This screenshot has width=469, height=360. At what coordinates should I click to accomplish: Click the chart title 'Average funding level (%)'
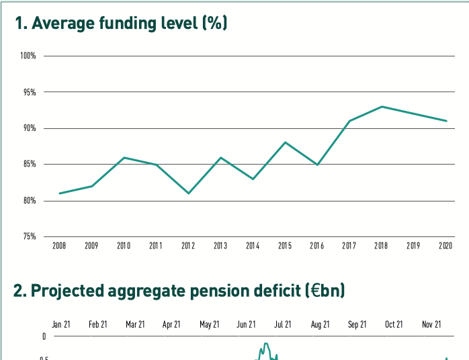point(122,24)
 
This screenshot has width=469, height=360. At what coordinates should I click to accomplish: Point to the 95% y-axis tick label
point(29,92)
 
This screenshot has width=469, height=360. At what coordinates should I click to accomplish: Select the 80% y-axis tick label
point(29,201)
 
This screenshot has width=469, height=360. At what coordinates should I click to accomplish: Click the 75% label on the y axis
point(29,236)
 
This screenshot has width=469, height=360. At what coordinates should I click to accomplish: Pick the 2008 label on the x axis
point(59,246)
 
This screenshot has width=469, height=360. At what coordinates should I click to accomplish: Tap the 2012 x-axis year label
point(188,246)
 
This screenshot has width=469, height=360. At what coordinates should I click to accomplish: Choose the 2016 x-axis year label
point(317,246)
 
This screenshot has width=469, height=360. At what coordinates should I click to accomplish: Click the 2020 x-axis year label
point(445,246)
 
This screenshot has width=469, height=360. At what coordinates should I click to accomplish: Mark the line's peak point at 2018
point(382,106)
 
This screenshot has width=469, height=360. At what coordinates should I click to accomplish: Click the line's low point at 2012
point(188,193)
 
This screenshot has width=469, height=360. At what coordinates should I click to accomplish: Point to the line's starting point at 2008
point(60,193)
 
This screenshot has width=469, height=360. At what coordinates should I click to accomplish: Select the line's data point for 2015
point(285,142)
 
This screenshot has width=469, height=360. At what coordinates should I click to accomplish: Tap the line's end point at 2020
point(446,121)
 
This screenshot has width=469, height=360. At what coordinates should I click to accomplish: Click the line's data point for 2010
point(124,157)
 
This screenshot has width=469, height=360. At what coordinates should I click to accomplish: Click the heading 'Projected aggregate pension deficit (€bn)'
point(179,291)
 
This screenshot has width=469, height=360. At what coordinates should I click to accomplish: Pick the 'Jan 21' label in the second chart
point(61,324)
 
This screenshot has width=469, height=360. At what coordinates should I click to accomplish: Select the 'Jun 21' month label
point(246,324)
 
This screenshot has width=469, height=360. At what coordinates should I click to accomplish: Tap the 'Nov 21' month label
point(431,324)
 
